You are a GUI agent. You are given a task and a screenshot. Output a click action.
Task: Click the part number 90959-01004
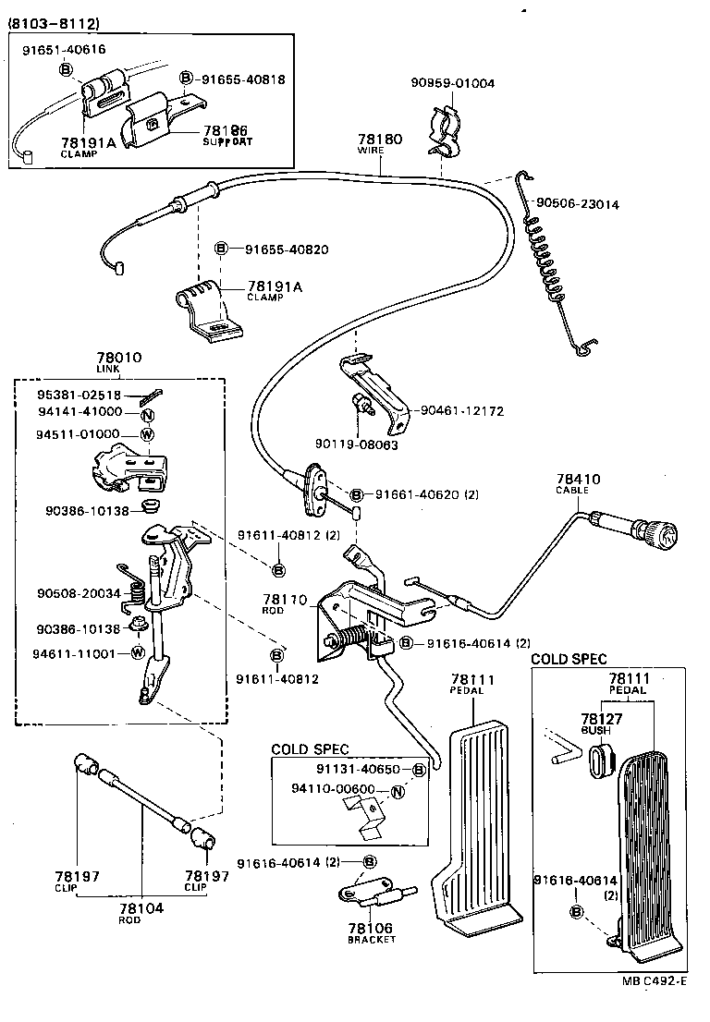pos(453,83)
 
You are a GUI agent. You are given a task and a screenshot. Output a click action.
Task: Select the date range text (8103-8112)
pos(55,22)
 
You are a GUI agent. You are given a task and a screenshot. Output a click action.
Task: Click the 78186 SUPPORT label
pos(226,136)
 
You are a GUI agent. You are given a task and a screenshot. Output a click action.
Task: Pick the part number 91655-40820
pos(287,249)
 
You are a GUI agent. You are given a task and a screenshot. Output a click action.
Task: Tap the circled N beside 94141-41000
pos(147,413)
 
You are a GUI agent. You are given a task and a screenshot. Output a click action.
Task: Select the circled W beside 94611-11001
pos(138,653)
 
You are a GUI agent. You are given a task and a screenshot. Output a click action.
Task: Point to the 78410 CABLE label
pos(578,484)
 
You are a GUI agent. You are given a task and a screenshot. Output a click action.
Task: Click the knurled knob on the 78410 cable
pos(662,535)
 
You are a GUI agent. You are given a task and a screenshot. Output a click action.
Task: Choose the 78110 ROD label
pos(284,604)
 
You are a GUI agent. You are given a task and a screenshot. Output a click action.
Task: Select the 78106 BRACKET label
pos(371,932)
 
